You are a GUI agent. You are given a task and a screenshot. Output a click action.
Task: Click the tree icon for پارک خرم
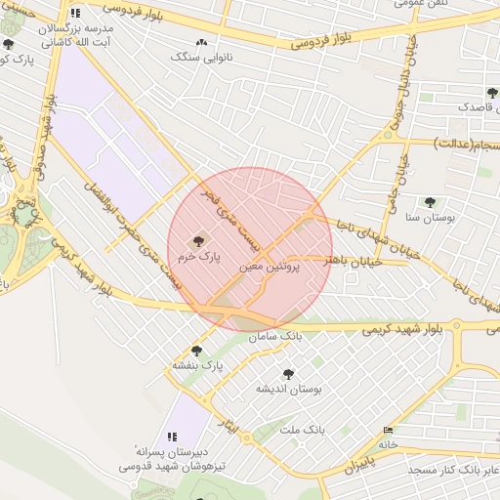[x=199, y=238]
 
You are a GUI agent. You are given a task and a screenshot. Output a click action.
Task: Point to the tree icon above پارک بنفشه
[x=196, y=351]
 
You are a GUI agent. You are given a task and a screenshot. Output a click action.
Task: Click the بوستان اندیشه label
[x=289, y=389]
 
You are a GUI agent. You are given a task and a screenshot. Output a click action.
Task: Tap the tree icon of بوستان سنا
[x=430, y=202]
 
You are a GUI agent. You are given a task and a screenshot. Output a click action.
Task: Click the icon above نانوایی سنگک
[x=202, y=43]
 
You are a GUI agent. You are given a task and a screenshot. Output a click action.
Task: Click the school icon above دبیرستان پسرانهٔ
[x=172, y=437]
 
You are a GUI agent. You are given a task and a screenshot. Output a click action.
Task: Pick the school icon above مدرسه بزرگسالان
[x=75, y=15]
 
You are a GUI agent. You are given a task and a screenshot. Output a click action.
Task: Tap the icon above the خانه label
[x=390, y=430]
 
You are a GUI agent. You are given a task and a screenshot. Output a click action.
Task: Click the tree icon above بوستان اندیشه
[x=288, y=374]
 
